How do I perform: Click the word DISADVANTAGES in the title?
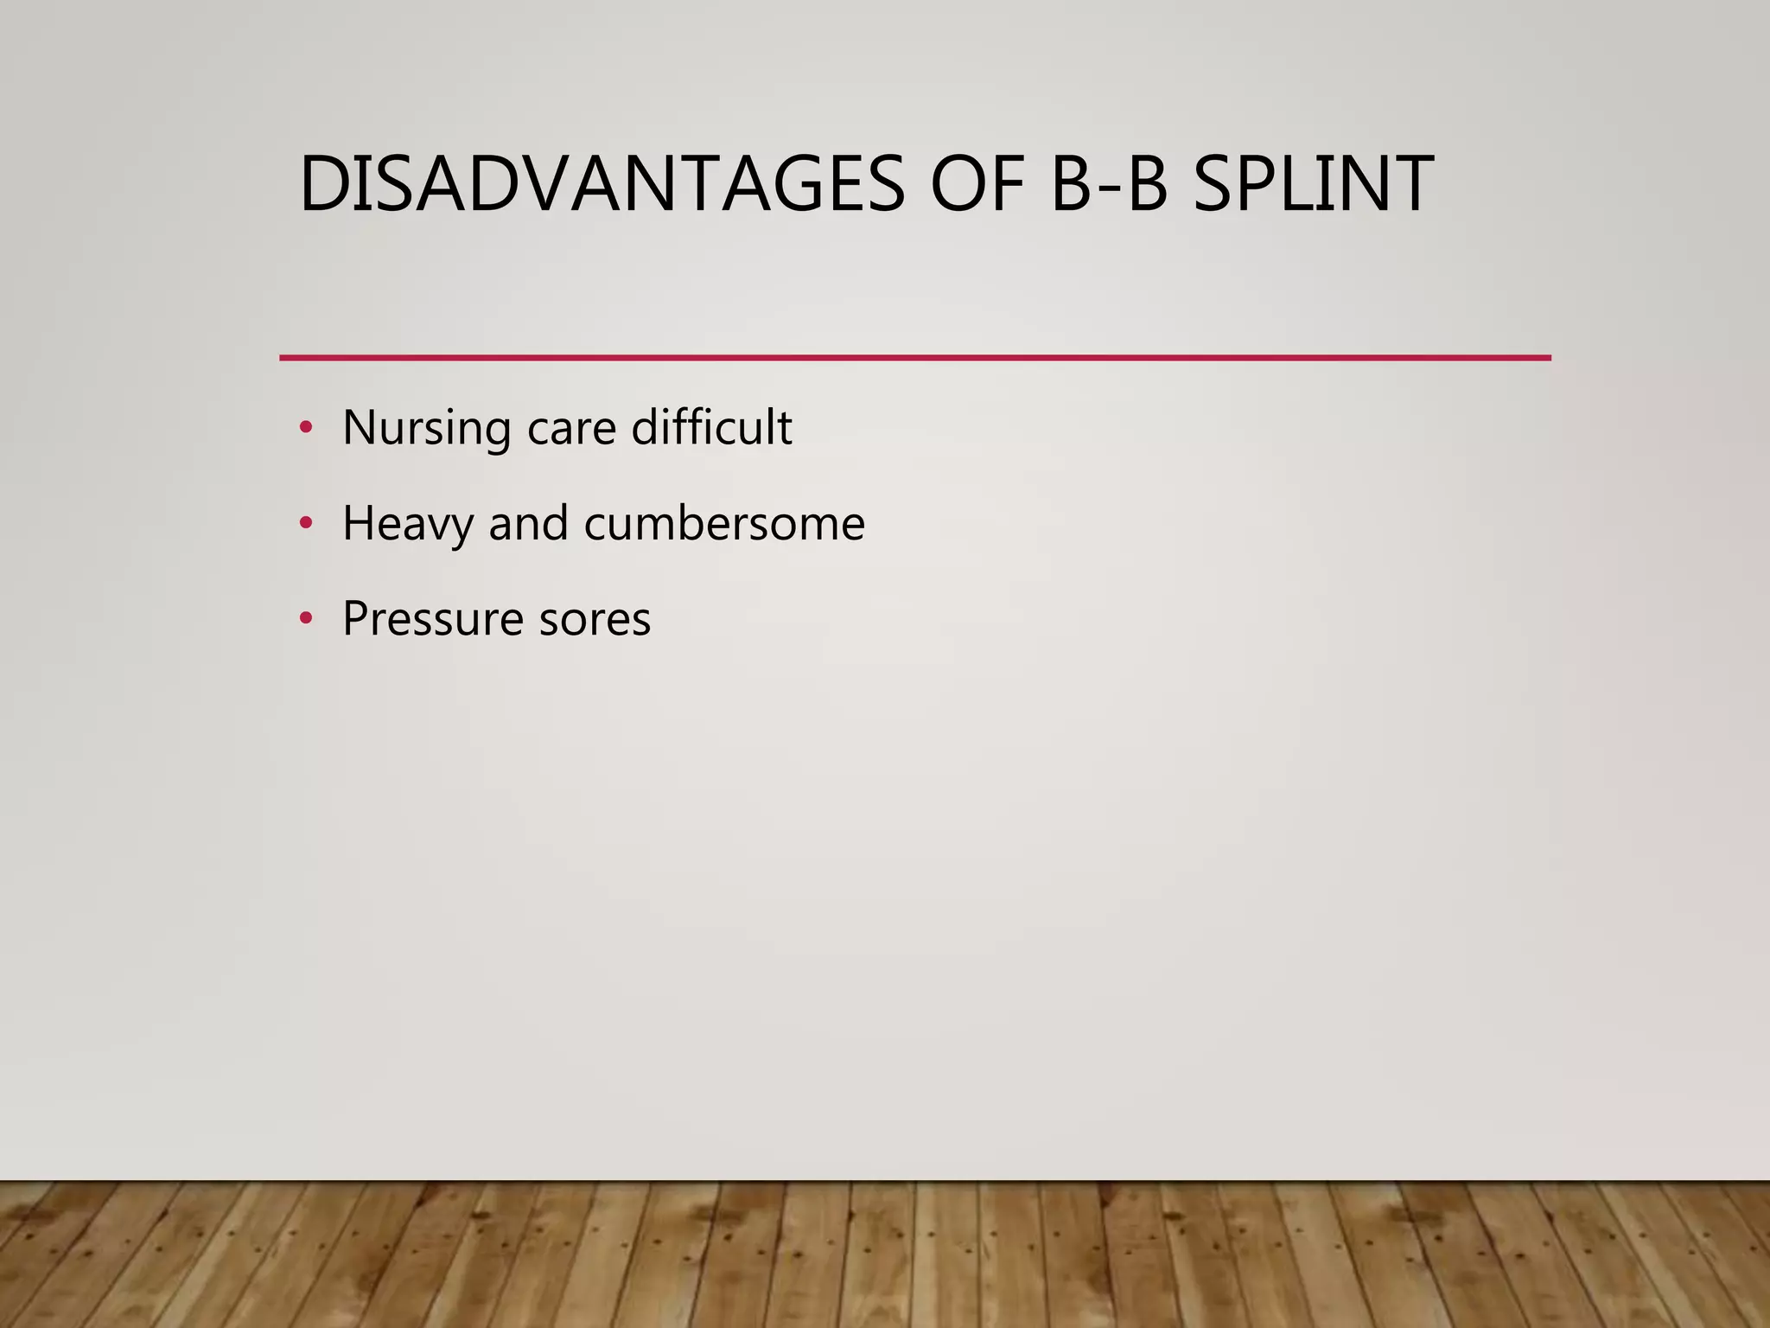(x=602, y=183)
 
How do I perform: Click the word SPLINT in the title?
(x=1312, y=183)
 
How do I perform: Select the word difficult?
(x=711, y=427)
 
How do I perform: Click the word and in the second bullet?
(x=528, y=523)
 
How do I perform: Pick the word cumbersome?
(x=724, y=523)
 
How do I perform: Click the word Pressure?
(x=432, y=619)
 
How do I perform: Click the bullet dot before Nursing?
(x=305, y=427)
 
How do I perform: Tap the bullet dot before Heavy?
(x=305, y=523)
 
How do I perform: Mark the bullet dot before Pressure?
(x=305, y=619)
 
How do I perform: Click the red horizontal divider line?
(x=914, y=357)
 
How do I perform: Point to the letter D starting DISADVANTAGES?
(x=322, y=183)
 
